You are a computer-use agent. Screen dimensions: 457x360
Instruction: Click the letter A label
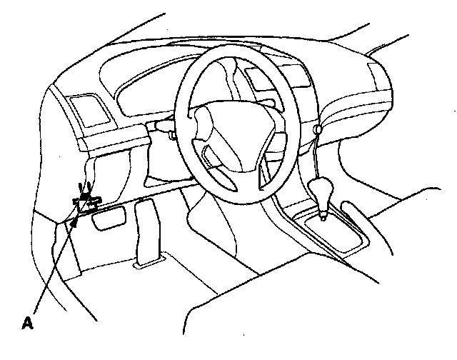click(x=28, y=323)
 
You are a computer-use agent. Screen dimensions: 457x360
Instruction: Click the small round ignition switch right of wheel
click(x=315, y=129)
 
